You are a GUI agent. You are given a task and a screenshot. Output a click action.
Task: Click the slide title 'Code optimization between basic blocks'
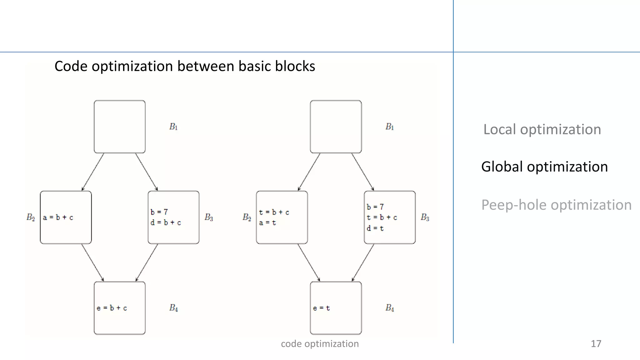pos(185,66)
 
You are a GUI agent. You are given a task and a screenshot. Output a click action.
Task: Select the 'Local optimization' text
pos(542,129)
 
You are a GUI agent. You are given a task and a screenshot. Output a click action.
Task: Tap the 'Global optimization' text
pos(544,167)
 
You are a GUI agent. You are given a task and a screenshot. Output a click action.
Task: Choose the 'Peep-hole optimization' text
pos(556,205)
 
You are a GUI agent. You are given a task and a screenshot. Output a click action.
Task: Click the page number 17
pos(596,344)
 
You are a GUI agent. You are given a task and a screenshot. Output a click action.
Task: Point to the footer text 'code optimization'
pos(320,344)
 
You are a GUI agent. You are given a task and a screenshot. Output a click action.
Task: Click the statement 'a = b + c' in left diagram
pos(58,217)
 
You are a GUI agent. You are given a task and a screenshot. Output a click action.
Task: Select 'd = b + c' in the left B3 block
pos(166,223)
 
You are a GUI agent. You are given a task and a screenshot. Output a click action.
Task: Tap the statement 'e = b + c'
pos(112,308)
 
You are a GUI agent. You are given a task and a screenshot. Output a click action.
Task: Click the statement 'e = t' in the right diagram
pos(321,308)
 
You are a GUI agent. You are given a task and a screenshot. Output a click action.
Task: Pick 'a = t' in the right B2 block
pos(267,223)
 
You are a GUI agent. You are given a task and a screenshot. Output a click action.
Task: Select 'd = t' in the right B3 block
pos(375,228)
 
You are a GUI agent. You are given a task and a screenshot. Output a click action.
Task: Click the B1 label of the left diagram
pos(173,127)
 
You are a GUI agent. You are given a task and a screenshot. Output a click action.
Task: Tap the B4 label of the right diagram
pos(389,308)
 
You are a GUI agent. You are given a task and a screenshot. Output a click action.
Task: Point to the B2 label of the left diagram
pos(31,217)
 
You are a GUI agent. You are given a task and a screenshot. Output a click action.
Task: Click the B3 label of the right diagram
pos(425,217)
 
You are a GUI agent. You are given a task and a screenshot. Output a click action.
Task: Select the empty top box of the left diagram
pos(120,127)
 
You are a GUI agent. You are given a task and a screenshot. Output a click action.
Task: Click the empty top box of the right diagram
pos(336,127)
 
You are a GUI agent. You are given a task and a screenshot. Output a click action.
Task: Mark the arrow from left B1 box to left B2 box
pos(93,172)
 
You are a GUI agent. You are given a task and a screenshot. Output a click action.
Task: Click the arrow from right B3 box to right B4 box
pos(363,262)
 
